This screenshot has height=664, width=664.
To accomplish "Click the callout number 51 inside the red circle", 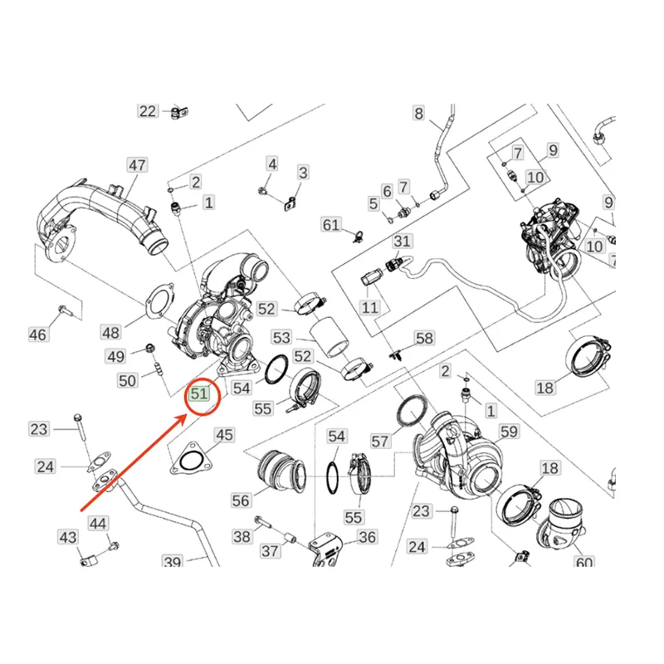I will point(199,393).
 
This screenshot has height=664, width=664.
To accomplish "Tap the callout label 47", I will point(137,165).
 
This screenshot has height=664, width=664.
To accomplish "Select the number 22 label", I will point(148,111).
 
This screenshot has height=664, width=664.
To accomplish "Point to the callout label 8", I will point(418,113).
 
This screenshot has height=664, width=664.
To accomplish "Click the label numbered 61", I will point(331,225).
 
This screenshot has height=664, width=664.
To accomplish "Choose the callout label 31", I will point(403,242).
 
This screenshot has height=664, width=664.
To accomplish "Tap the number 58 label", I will point(424,339).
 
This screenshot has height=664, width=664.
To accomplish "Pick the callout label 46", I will point(38,334).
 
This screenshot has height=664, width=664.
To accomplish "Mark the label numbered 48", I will point(111,332).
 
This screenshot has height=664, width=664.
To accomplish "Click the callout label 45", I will point(225,434).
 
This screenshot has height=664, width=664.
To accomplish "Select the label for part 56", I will point(241,500).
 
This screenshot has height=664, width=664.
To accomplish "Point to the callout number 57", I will point(379,442).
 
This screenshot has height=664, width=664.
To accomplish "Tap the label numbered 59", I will point(508,432).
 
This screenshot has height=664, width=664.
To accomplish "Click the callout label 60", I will point(583,564).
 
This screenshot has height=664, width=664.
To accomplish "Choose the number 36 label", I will point(367,538).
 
